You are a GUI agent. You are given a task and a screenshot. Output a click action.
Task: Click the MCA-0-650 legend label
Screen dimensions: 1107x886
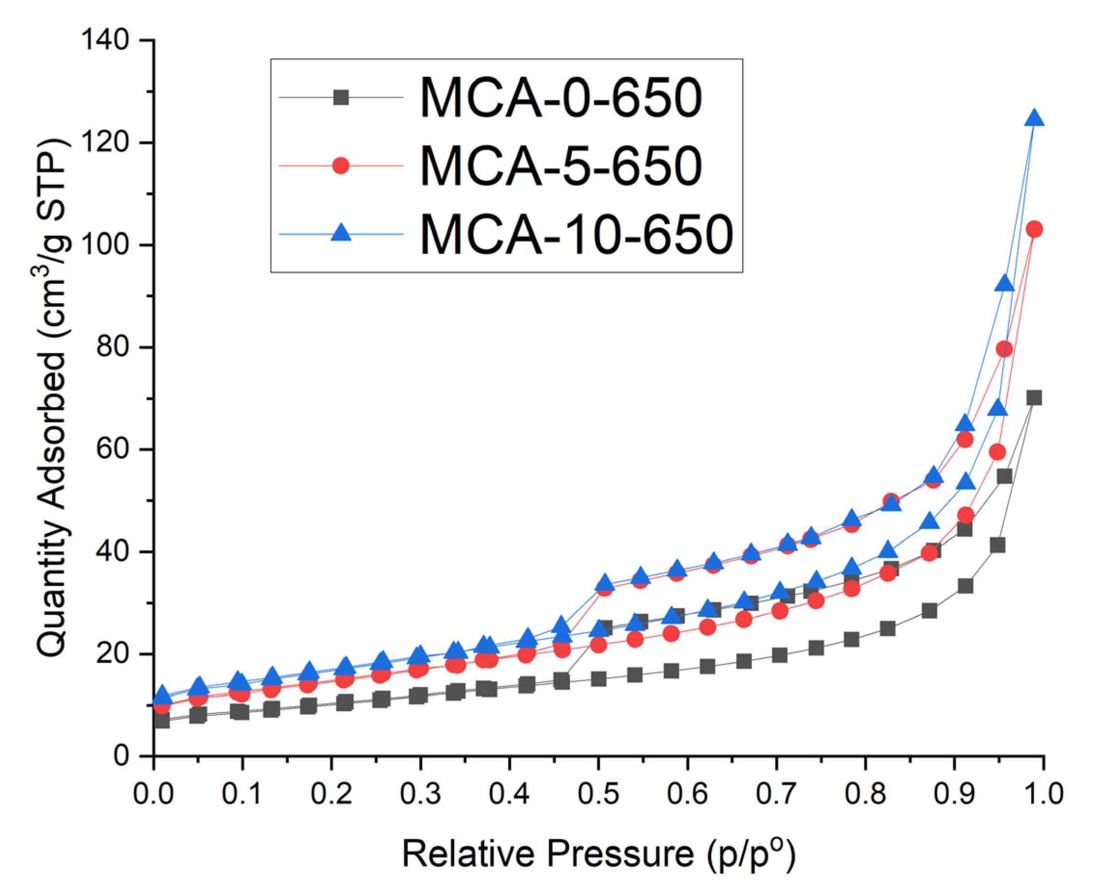click(x=561, y=98)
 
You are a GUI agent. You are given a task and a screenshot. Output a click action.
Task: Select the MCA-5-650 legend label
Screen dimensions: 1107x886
click(x=561, y=166)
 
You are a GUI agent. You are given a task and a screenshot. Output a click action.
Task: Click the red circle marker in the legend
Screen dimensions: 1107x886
click(x=341, y=166)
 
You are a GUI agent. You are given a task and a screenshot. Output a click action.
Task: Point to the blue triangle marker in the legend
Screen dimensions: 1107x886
click(x=341, y=233)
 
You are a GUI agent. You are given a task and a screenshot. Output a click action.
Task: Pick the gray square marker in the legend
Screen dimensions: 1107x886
click(x=341, y=98)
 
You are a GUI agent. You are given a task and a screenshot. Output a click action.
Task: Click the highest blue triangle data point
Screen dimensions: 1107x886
click(x=1035, y=118)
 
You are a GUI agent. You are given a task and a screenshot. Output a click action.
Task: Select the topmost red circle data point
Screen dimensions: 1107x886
click(x=1035, y=230)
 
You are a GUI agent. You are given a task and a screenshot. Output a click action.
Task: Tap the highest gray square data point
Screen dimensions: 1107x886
click(x=1035, y=397)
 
